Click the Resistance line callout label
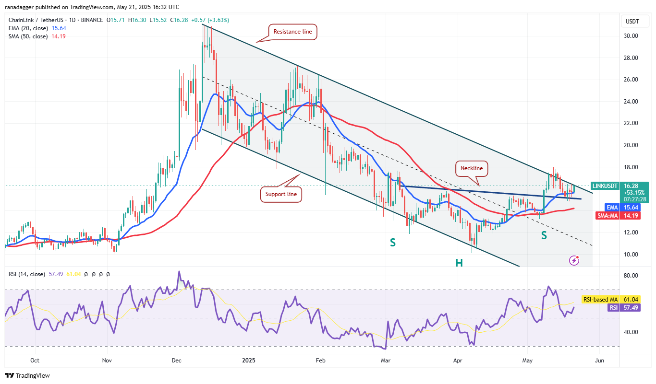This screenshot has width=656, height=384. [x=292, y=32]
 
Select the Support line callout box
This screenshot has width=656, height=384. [x=281, y=194]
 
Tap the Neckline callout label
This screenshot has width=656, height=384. [x=472, y=168]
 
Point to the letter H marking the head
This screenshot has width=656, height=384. [x=459, y=262]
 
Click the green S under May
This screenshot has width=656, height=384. [x=544, y=235]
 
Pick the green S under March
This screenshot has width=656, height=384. [x=393, y=243]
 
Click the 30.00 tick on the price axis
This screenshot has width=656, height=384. [x=631, y=36]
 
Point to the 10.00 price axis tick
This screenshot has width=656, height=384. [x=631, y=255]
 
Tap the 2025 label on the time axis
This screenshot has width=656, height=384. [x=249, y=360]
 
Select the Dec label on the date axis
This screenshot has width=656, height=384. [x=177, y=360]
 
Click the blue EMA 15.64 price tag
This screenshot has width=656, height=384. [x=619, y=207]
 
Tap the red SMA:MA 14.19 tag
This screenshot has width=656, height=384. [x=619, y=216]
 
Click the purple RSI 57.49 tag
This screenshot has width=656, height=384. [x=613, y=308]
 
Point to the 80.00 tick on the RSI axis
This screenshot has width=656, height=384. [x=631, y=276]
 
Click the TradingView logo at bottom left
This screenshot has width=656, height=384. [x=27, y=375]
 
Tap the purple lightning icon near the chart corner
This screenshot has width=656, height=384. [x=574, y=260]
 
